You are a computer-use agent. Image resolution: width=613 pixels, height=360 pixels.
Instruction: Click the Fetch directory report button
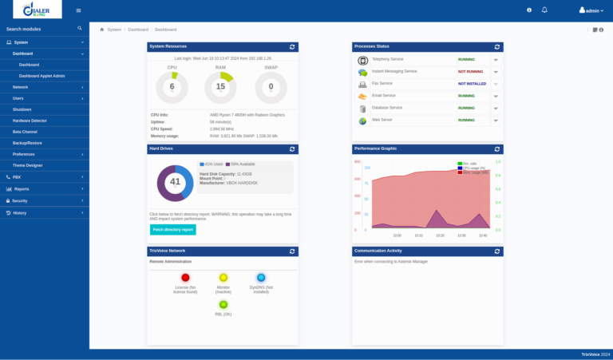(x=172, y=229)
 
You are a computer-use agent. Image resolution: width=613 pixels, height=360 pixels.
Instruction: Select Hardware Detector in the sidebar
(x=30, y=120)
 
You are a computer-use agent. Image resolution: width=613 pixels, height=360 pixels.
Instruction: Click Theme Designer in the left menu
(x=28, y=164)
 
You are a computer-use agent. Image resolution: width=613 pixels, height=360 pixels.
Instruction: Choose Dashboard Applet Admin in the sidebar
(x=42, y=75)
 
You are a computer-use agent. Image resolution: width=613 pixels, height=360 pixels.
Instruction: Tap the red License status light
(x=185, y=277)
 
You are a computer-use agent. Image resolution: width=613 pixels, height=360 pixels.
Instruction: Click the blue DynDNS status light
(x=261, y=277)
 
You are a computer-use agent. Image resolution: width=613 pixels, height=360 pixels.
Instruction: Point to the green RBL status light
(x=223, y=304)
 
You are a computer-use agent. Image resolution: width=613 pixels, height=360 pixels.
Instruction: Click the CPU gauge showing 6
(x=172, y=87)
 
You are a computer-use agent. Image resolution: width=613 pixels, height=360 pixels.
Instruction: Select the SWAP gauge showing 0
(x=271, y=87)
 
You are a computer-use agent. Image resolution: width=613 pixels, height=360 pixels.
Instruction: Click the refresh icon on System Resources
(x=292, y=47)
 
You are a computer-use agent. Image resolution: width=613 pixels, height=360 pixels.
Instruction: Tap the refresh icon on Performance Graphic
(x=497, y=148)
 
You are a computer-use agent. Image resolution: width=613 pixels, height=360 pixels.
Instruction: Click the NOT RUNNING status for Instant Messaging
(x=470, y=71)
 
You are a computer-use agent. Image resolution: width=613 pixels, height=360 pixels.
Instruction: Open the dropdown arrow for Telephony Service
(x=496, y=60)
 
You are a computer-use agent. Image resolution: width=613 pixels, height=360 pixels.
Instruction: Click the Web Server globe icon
(x=362, y=121)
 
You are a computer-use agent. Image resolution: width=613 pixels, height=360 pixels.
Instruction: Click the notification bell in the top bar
(x=544, y=10)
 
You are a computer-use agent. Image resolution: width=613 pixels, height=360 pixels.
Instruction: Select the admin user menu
(x=591, y=10)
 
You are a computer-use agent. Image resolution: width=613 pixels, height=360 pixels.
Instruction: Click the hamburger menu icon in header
(x=78, y=10)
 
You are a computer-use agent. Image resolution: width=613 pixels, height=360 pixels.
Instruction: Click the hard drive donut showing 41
(x=175, y=182)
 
